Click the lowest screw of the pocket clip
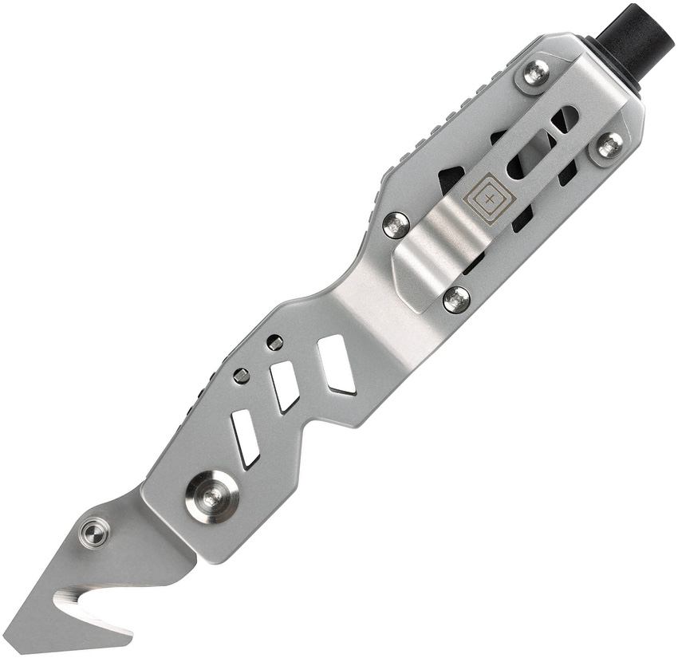(456, 299)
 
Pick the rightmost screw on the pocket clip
(609, 145)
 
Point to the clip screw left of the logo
(396, 225)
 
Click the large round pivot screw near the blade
(211, 497)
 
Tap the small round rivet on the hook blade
(95, 532)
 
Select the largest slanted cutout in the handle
(337, 364)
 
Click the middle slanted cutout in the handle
(285, 387)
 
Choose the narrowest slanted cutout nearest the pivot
(245, 438)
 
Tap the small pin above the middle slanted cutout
(274, 343)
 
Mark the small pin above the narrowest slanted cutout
(241, 376)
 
